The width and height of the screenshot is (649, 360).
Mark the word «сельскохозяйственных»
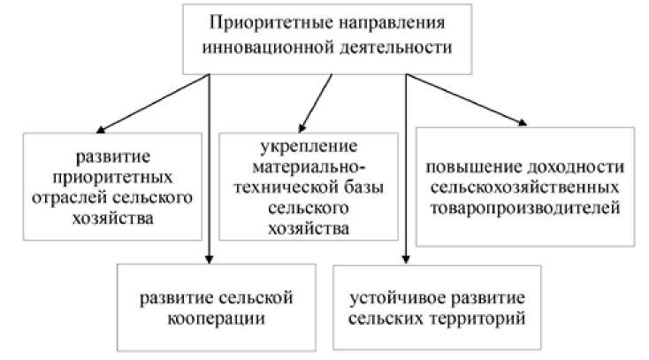coord(525,189)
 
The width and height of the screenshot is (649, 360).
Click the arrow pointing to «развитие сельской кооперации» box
coord(209,177)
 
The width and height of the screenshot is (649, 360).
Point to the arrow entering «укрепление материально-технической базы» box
coord(316,102)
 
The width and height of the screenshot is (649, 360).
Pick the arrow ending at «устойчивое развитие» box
coord(405,177)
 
